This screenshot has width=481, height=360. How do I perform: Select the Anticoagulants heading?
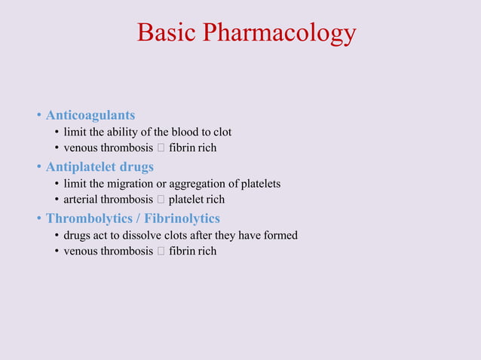(x=90, y=115)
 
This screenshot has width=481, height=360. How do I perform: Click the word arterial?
(x=82, y=200)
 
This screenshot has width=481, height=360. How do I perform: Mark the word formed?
(x=280, y=235)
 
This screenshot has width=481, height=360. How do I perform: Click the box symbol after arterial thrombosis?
(x=161, y=200)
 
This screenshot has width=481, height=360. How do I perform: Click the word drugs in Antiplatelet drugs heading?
(x=136, y=166)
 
